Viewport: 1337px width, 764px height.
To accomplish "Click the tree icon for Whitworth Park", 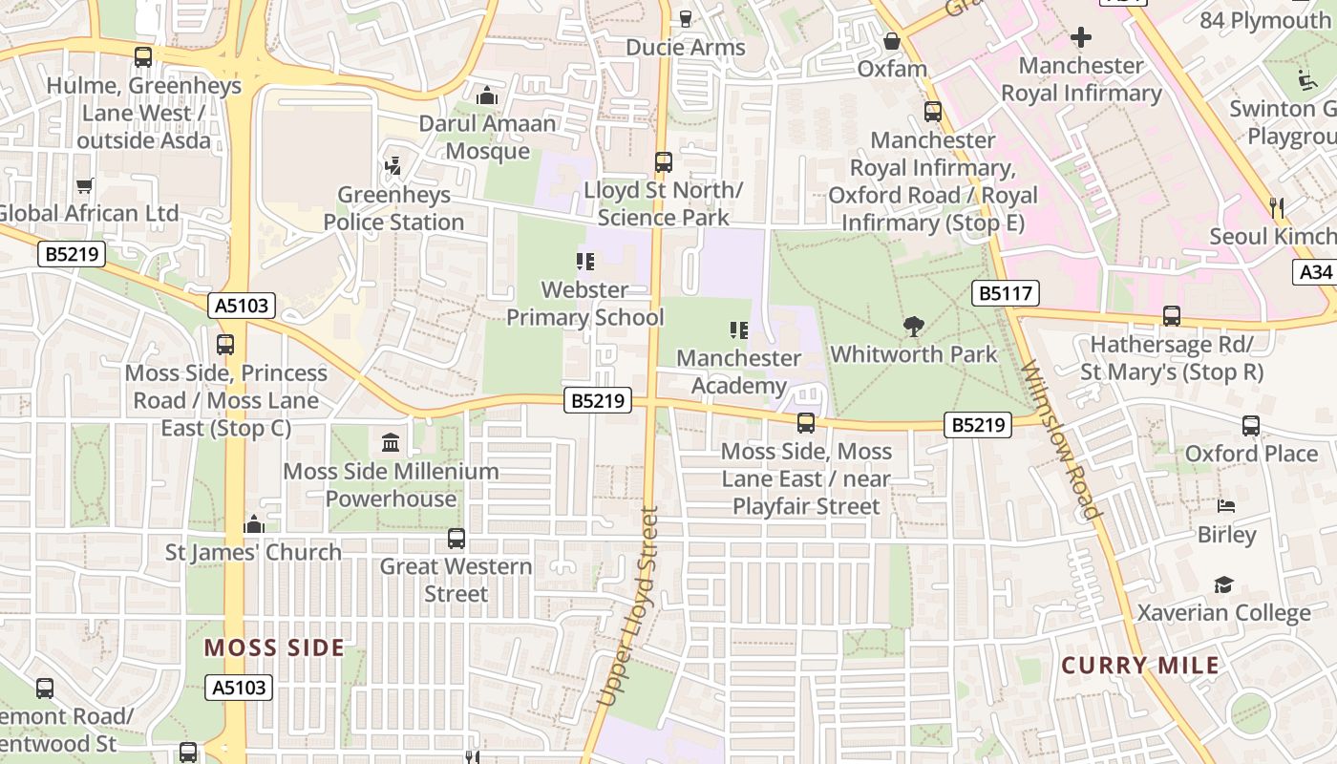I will (914, 327).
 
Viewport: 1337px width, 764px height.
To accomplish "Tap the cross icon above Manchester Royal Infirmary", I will (1080, 38).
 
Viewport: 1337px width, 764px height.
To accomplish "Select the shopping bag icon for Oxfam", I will (892, 41).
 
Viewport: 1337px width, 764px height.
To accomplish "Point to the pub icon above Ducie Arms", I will (685, 18).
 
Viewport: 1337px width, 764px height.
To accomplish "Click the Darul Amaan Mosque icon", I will (487, 95).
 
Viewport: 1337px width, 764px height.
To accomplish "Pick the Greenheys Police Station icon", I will (393, 167).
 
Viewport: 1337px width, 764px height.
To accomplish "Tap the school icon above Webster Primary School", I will (584, 262).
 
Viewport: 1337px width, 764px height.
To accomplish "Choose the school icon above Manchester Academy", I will (738, 330).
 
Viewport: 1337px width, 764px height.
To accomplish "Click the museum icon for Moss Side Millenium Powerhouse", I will (391, 443).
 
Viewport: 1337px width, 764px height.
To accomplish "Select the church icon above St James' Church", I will (253, 524).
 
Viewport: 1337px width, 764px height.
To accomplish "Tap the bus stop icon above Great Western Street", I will (456, 539).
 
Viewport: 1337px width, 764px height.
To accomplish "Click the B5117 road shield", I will (1005, 293).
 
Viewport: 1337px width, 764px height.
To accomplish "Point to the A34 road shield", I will (1316, 272).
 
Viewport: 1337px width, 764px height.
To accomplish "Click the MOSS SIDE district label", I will (273, 647).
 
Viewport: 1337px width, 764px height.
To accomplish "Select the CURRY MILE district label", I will (1140, 666).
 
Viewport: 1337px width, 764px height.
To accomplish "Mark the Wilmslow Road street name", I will (1062, 439).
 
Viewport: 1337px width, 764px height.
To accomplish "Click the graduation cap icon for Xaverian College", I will (1223, 584).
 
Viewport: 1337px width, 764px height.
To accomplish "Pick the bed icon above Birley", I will (1226, 506).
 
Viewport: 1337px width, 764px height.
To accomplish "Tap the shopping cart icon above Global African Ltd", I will (85, 185).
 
